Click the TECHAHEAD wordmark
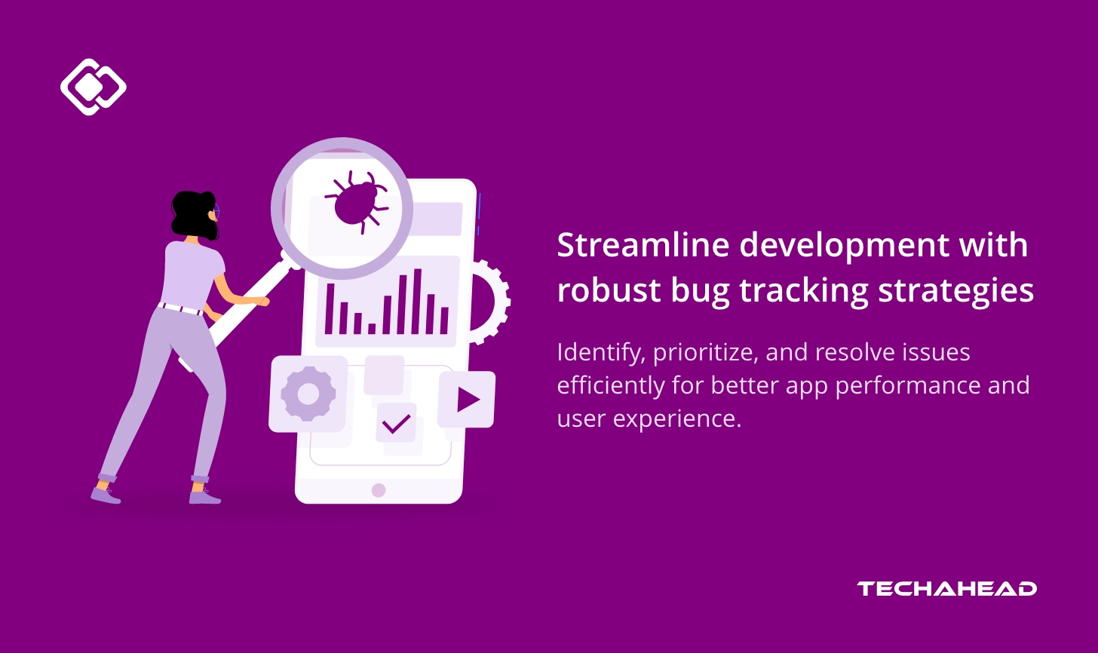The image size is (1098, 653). pos(946,589)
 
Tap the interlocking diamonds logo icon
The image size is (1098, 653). pos(93,87)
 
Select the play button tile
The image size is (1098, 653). pos(467,400)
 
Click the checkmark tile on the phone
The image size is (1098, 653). pos(395,423)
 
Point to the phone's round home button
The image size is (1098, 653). pos(379,490)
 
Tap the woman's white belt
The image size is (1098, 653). pos(181,308)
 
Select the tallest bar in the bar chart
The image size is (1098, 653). pos(417,301)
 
